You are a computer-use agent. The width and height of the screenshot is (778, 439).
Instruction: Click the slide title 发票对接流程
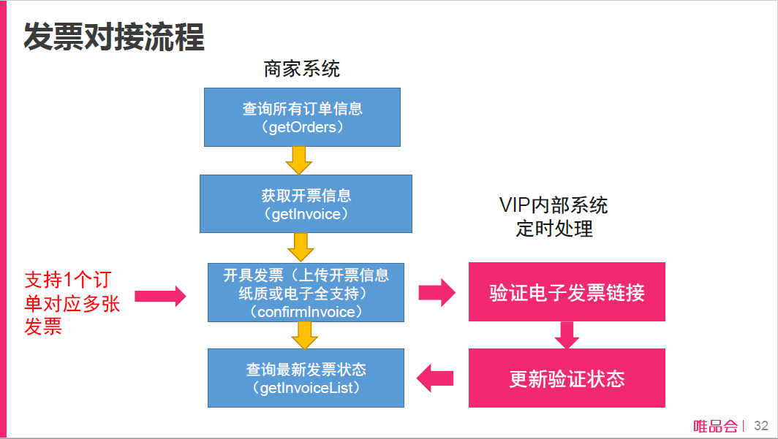tap(114, 36)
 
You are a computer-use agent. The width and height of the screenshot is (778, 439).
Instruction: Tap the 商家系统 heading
tap(302, 69)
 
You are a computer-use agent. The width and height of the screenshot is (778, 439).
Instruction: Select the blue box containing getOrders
tap(302, 117)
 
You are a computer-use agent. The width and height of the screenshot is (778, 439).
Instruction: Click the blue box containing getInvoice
tap(306, 204)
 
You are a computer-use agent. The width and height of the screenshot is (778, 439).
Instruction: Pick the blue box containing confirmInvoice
tap(306, 292)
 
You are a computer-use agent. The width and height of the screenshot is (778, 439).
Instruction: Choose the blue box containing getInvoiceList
tap(306, 378)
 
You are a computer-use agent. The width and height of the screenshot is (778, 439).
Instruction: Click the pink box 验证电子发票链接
tap(567, 292)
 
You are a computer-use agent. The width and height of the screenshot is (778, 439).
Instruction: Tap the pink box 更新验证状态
tap(567, 378)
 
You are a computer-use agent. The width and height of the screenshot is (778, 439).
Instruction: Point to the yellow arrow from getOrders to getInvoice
tap(298, 160)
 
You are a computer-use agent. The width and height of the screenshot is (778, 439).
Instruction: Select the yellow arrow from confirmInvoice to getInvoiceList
tap(304, 335)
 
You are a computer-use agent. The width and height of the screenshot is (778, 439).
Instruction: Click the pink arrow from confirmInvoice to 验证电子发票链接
tap(437, 293)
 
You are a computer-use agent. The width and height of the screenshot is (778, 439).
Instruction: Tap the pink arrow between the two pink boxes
tap(567, 335)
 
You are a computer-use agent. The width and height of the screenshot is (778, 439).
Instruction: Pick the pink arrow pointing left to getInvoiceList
tap(436, 378)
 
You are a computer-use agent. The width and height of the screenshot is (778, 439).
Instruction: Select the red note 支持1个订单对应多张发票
tap(72, 303)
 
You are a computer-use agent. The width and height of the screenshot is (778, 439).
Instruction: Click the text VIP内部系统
tap(553, 205)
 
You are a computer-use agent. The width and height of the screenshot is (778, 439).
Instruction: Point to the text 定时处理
tap(554, 229)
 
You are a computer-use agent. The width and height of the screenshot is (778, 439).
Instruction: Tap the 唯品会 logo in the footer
tap(714, 426)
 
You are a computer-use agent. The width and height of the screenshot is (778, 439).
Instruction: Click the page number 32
tap(760, 426)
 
